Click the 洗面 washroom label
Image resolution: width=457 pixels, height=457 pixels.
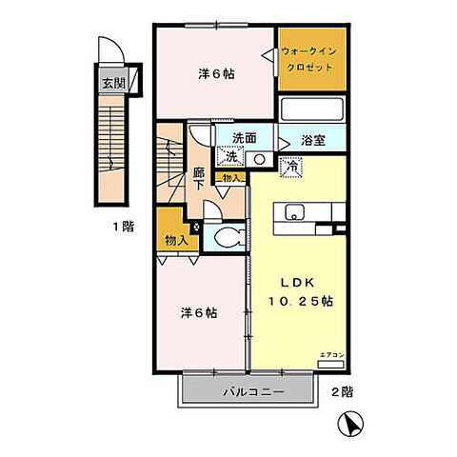(x=244, y=137)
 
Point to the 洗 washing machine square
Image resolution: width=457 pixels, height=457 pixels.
(x=230, y=156)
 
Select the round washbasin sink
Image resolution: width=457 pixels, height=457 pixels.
(x=259, y=159)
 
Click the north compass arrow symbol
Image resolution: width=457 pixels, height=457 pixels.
(x=352, y=425)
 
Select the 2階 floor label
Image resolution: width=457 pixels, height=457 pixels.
(x=343, y=391)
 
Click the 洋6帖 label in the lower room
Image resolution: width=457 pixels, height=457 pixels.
(x=199, y=312)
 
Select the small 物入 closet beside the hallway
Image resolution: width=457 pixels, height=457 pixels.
(x=230, y=177)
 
